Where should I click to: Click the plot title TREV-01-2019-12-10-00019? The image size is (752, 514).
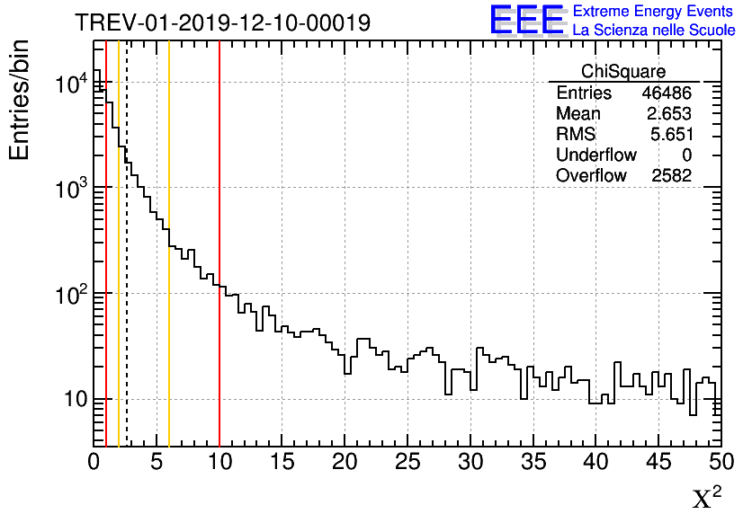coord(222,22)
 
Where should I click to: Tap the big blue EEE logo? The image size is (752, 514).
coord(527,20)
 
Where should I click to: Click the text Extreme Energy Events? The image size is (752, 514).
coord(653,12)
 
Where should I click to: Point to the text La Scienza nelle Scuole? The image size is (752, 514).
coord(653,31)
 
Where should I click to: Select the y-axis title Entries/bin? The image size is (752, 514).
coord(20,100)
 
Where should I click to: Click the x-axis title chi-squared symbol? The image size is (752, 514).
coord(706,498)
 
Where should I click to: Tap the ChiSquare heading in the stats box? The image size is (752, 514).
coord(623,72)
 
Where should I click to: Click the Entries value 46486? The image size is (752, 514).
coord(667,93)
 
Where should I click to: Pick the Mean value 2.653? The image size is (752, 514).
coord(668,114)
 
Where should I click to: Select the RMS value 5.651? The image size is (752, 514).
coord(668,135)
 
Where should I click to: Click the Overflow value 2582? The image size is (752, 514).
coord(671,176)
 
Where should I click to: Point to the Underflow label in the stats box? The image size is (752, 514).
coord(595,155)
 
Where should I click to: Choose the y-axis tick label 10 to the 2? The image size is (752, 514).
coord(70,294)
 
